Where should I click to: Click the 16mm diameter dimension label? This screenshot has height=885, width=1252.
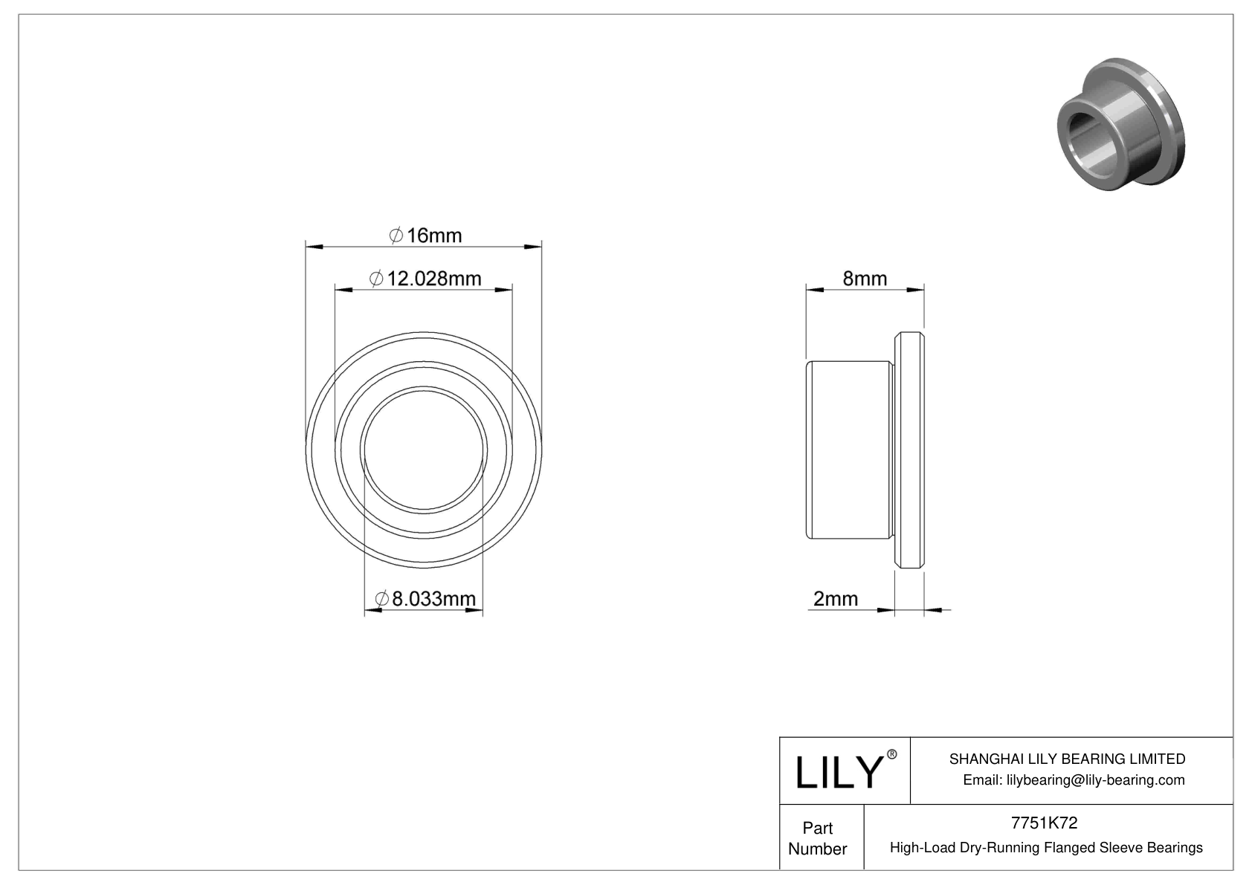(426, 236)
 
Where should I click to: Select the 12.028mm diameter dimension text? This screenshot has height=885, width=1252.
(426, 279)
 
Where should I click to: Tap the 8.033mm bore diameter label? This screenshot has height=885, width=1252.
(426, 598)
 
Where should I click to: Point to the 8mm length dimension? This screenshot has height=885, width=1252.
(865, 279)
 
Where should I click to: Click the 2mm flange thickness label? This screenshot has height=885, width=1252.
(836, 598)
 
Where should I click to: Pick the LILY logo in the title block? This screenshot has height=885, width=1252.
(838, 772)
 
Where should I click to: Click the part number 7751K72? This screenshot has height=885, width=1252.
(1045, 823)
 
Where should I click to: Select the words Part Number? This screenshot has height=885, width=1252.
(818, 838)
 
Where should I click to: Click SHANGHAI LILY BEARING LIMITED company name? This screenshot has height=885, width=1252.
(1067, 759)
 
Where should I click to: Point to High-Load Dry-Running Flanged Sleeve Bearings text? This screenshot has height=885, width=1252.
(1046, 847)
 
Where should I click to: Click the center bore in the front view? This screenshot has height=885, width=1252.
(424, 448)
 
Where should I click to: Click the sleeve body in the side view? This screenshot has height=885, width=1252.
(848, 450)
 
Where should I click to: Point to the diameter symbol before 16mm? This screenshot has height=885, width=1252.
(396, 236)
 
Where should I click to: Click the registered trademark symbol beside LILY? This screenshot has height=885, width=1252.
(892, 754)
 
